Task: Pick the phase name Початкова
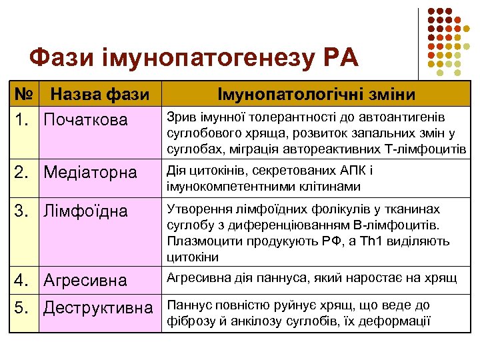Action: click(x=85, y=121)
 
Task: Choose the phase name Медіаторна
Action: click(x=90, y=173)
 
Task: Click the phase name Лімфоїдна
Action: click(x=85, y=211)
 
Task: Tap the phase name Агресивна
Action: click(x=85, y=280)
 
